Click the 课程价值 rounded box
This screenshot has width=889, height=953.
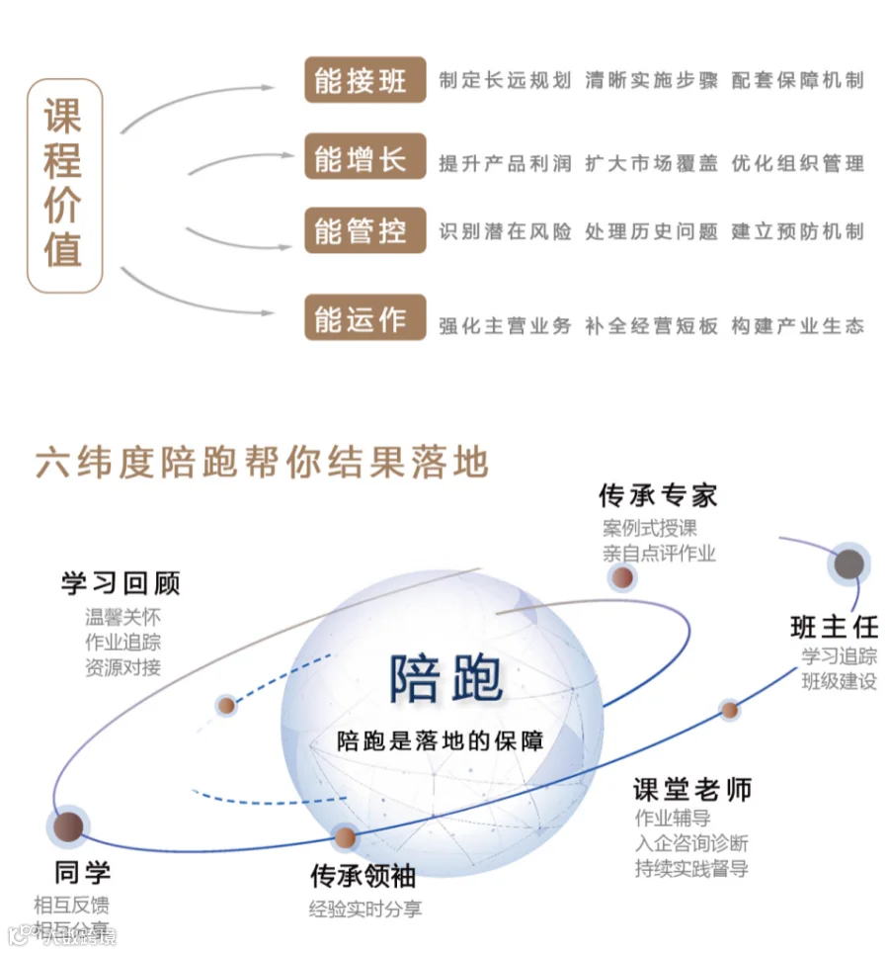coord(64,186)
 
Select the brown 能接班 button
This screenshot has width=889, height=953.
coord(364,80)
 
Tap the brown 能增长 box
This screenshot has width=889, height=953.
coord(364,158)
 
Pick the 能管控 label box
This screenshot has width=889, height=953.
coord(364,231)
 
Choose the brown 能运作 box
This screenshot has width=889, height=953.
coord(364,318)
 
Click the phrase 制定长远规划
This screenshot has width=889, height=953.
coord(505,81)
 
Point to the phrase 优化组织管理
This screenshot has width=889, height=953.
coord(797,163)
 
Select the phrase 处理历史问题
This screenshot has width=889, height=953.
coord(651,232)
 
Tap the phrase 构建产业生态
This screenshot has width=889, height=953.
coord(797,325)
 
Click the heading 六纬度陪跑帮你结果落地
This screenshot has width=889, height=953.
coord(262,462)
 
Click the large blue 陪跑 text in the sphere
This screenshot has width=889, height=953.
coord(445,678)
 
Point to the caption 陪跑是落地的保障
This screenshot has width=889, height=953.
coord(441,739)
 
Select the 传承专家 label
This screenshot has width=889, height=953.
coord(658,495)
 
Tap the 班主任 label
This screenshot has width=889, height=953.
coord(834,627)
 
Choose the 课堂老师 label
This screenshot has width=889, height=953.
coord(691,789)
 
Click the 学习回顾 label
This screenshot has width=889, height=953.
coord(121,583)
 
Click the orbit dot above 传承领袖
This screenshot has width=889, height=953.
coord(344,838)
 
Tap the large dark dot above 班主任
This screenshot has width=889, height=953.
coord(849,564)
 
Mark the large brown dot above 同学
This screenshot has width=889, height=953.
coord(67,826)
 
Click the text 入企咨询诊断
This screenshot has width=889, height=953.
coord(691,843)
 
